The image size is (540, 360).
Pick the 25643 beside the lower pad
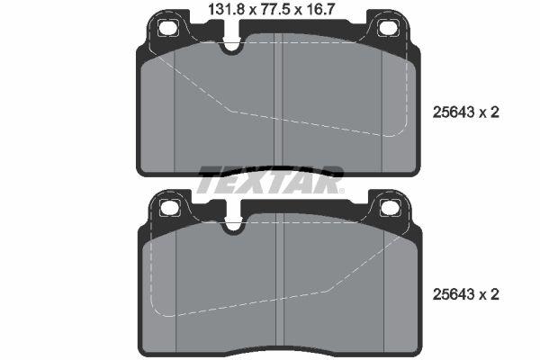pyautogui.click(x=454, y=294)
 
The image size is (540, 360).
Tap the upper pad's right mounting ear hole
pyautogui.click(x=387, y=28)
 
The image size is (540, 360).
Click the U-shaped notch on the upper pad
pyautogui.click(x=232, y=45)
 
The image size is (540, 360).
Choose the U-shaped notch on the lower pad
pyautogui.click(x=232, y=225)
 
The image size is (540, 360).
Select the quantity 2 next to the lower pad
pyautogui.click(x=495, y=294)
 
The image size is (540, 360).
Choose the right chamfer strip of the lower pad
pyautogui.click(x=396, y=288)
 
